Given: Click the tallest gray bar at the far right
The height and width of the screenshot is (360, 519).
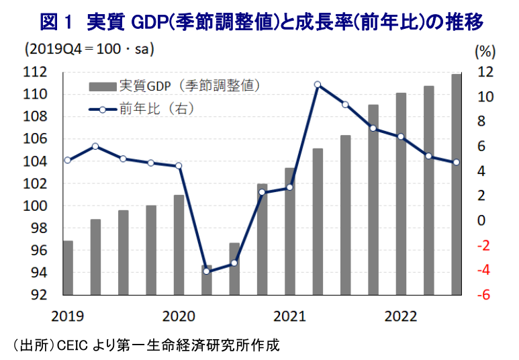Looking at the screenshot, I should pos(456,185).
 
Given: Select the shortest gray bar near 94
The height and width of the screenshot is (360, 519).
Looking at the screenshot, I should pos(207,281).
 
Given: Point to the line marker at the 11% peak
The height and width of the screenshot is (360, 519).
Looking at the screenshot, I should pos(318,85).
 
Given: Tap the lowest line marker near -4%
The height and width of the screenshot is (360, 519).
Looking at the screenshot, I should pos(207,271).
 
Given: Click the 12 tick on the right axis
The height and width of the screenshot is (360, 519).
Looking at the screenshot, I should pos(485,72).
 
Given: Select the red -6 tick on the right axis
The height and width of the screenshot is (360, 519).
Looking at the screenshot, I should pos(485,295).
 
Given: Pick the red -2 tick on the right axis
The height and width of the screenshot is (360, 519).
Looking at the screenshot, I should pos(485,245).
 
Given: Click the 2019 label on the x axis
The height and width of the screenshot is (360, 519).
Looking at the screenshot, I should pos(66,315).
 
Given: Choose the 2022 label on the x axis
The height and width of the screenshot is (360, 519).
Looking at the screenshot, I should pos(400,315).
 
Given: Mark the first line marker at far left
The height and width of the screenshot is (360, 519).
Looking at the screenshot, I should pos(68,160).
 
